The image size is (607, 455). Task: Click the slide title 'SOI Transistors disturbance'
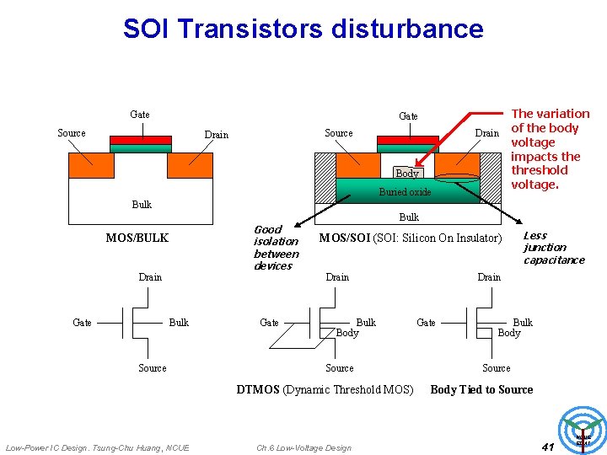[303, 29]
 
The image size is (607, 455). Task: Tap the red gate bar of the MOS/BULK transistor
[140, 140]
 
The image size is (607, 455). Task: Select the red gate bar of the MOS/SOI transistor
[407, 140]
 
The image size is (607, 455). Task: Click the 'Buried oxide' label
[405, 192]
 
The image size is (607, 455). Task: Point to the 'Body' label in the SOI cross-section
[407, 173]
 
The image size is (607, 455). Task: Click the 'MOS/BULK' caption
[137, 238]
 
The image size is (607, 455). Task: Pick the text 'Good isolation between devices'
[276, 248]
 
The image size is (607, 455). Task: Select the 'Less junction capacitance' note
[553, 248]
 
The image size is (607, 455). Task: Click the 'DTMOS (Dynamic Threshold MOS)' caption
[325, 389]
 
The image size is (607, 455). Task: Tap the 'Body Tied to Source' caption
[481, 389]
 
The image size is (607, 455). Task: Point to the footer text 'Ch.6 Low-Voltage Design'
[303, 447]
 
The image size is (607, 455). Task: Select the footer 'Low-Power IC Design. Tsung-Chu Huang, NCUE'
[98, 447]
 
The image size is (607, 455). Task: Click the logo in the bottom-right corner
[583, 431]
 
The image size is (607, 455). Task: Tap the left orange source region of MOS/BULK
[89, 165]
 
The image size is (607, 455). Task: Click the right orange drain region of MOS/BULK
[190, 165]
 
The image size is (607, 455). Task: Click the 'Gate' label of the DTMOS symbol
[269, 323]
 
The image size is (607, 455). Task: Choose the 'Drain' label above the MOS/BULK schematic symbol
[150, 277]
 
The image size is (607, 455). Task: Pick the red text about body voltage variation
[551, 149]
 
